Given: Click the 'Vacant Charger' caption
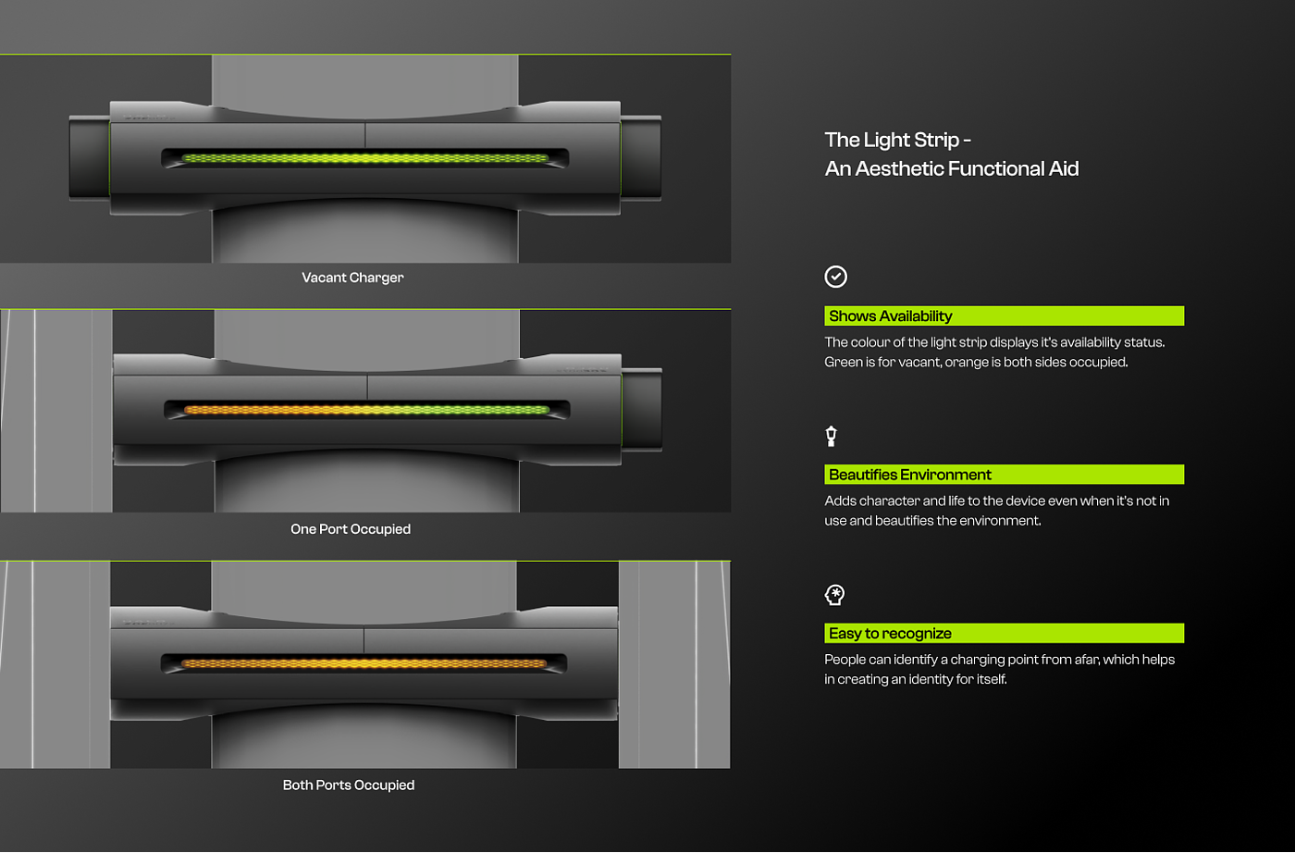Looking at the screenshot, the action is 352,278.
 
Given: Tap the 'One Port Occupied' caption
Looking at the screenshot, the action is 351,529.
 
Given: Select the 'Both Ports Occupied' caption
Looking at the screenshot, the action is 349,785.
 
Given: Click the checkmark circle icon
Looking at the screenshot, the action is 835,277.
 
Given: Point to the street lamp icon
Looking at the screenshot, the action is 832,436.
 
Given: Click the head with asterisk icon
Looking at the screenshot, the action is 834,595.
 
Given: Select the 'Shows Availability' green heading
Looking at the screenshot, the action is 890,316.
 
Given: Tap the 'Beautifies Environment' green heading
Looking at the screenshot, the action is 909,475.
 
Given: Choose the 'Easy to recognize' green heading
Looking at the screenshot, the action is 890,634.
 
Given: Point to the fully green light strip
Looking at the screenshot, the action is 365,158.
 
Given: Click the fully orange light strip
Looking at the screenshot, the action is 364,663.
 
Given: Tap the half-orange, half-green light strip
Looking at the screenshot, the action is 366,410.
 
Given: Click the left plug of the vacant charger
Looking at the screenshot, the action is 89,157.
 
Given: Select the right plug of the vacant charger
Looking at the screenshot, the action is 641,157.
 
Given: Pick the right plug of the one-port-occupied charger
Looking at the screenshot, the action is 642,409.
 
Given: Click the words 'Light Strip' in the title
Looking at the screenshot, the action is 911,141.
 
